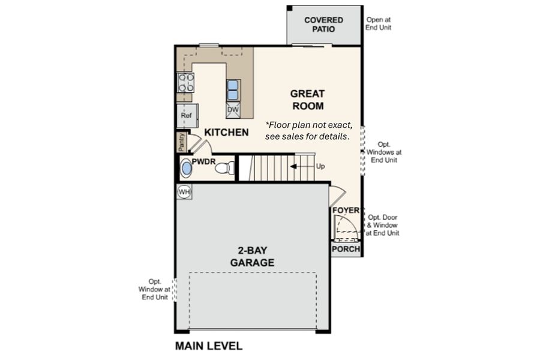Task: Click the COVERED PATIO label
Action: (x=323, y=25)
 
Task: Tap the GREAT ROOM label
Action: (x=308, y=100)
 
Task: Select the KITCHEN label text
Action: (x=226, y=132)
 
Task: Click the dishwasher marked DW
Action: (x=233, y=110)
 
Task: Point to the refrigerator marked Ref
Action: (x=187, y=115)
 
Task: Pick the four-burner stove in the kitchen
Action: (x=185, y=83)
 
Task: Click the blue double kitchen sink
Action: (x=233, y=90)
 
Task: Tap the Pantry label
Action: (x=182, y=142)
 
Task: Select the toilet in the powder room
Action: (x=225, y=168)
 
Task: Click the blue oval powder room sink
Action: (x=187, y=168)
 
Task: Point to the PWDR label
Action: (x=203, y=161)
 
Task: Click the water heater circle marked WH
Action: (x=184, y=192)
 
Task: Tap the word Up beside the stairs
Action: (x=320, y=166)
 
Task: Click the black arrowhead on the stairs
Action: (x=293, y=167)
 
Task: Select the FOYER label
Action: (x=346, y=210)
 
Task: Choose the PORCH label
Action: (x=346, y=249)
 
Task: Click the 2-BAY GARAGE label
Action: (x=253, y=256)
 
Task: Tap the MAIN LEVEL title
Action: (x=209, y=346)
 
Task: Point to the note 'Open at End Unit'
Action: (x=378, y=24)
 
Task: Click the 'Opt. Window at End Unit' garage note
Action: (x=154, y=289)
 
